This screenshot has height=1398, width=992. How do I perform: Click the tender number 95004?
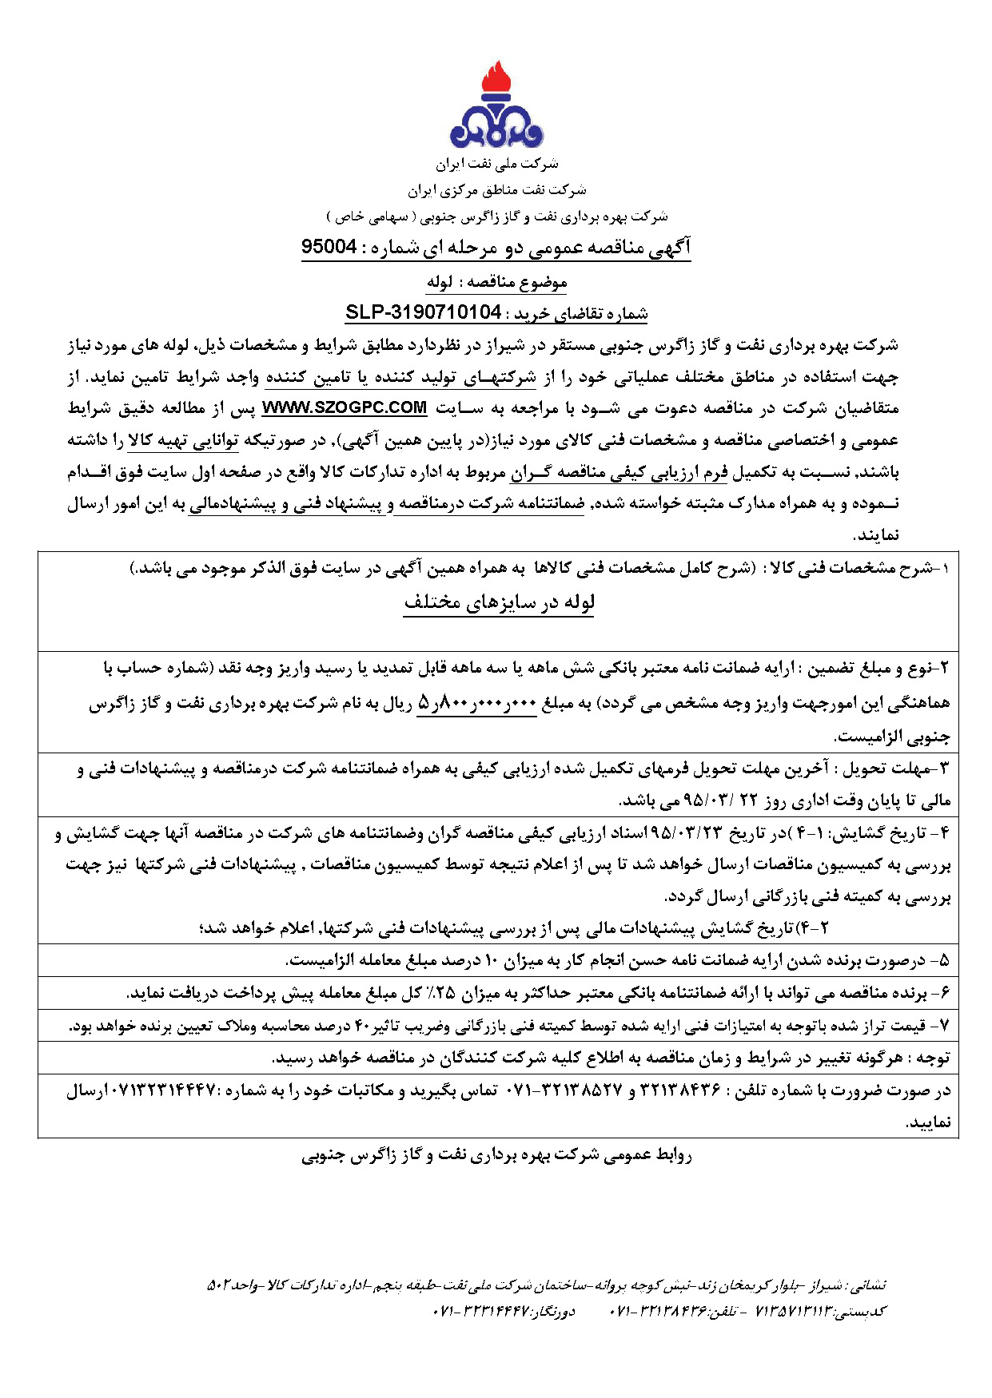pos(329,247)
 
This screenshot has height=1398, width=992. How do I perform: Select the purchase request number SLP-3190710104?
pos(423,312)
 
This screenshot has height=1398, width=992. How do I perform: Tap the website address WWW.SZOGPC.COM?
pos(345,407)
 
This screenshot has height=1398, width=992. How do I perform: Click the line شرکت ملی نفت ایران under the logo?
pos(496,165)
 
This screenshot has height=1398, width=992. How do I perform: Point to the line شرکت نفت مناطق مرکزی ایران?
pos(496,190)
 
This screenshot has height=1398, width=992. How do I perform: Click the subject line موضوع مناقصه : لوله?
pos(496,282)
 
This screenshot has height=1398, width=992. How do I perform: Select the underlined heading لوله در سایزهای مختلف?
pos(499,602)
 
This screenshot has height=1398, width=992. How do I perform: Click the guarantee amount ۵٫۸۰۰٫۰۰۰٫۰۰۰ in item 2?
pos(477,704)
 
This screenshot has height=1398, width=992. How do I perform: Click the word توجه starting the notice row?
pos(933,1058)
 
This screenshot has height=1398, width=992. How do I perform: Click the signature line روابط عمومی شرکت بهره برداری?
pos(496,1155)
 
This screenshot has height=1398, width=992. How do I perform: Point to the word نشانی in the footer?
pos(869,1286)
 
